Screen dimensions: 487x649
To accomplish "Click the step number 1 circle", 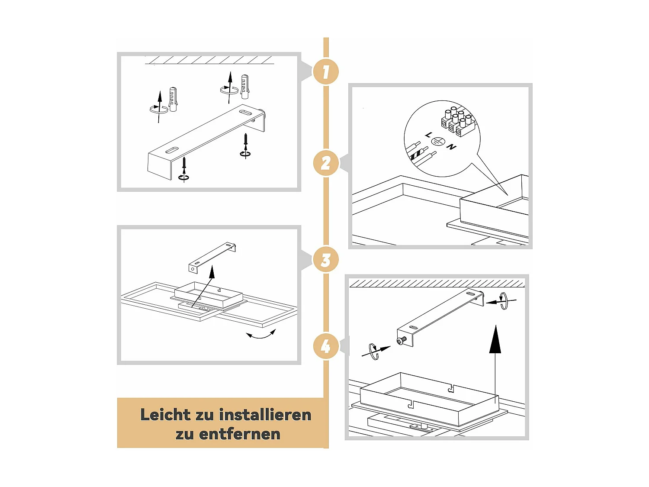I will pyautogui.click(x=325, y=71).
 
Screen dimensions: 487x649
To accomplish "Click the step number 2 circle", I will pyautogui.click(x=325, y=163).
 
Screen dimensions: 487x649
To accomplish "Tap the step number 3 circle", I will pyautogui.click(x=325, y=260).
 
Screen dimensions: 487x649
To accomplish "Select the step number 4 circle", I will pyautogui.click(x=325, y=346).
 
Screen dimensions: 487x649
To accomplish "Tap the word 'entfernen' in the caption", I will pyautogui.click(x=240, y=434).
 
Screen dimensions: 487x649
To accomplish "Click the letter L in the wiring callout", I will pyautogui.click(x=428, y=135).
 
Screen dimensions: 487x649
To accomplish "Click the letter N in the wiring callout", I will pyautogui.click(x=451, y=147).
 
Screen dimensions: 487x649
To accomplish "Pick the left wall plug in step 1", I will pyautogui.click(x=173, y=100).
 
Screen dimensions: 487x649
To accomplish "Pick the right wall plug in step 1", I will pyautogui.click(x=245, y=87).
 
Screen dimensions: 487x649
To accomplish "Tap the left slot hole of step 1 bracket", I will pyautogui.click(x=172, y=151).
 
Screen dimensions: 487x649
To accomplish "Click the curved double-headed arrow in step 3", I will pyautogui.click(x=261, y=335).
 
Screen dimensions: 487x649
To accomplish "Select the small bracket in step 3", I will pyautogui.click(x=212, y=257).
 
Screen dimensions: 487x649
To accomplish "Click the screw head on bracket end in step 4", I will pyautogui.click(x=401, y=342).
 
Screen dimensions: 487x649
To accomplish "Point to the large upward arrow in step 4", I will pyautogui.click(x=495, y=342).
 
